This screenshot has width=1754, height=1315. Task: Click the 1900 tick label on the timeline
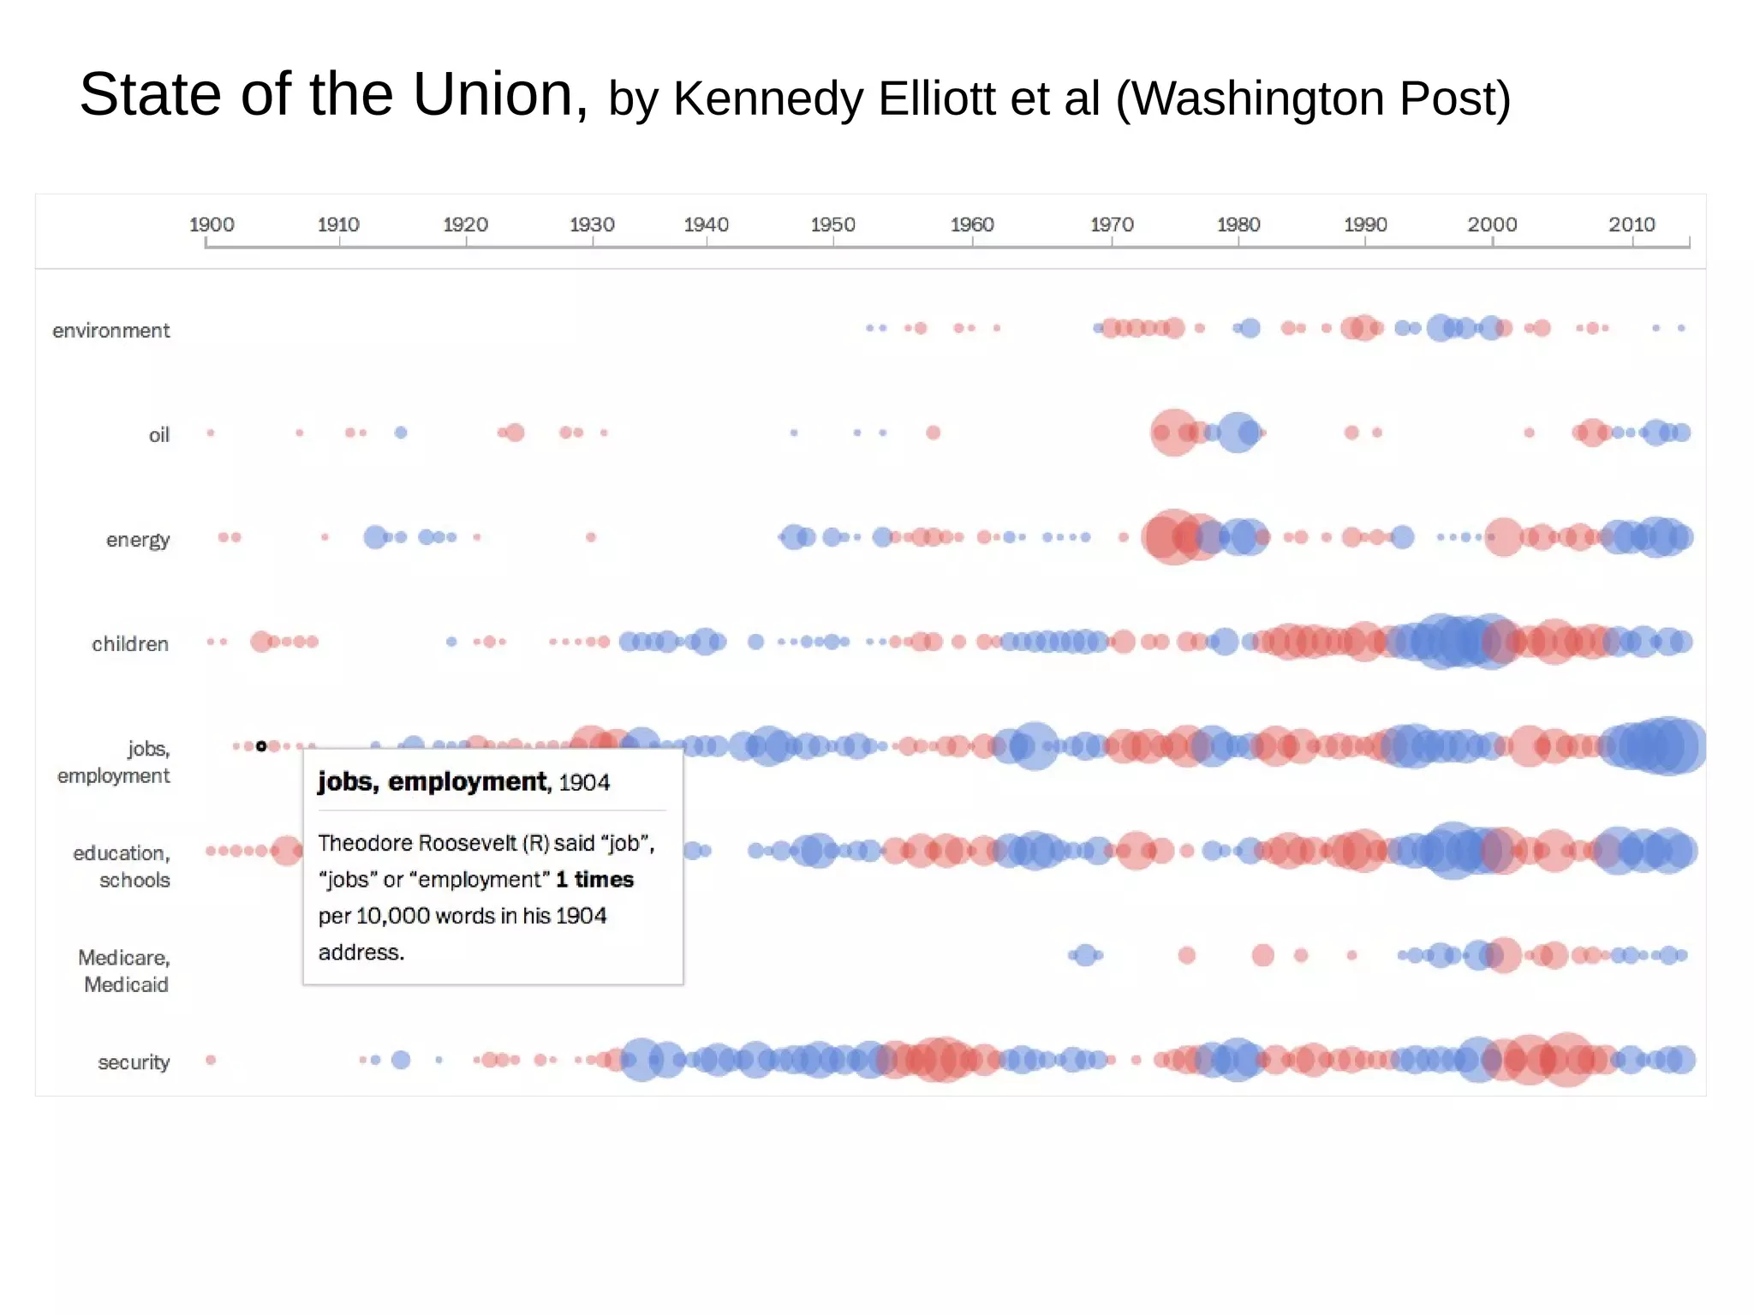(x=211, y=224)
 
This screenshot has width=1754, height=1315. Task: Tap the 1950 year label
(x=832, y=224)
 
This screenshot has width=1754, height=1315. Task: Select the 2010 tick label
(x=1631, y=224)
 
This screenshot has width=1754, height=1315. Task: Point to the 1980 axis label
(x=1238, y=224)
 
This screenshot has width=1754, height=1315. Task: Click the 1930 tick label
(x=592, y=224)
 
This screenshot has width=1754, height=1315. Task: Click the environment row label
(x=110, y=331)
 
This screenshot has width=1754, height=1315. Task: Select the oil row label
(x=159, y=435)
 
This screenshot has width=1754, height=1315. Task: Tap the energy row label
(x=137, y=540)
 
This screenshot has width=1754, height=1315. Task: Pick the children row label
(x=129, y=644)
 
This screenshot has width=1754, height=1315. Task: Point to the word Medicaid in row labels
(x=126, y=984)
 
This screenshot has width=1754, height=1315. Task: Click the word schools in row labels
(x=134, y=880)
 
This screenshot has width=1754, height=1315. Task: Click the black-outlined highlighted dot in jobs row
(x=261, y=746)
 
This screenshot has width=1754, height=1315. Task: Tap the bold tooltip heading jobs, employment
(x=432, y=781)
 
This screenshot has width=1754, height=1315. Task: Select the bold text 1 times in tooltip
(x=594, y=880)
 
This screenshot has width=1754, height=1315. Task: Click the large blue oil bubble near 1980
(x=1238, y=433)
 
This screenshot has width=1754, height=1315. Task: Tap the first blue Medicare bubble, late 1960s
(x=1085, y=954)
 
